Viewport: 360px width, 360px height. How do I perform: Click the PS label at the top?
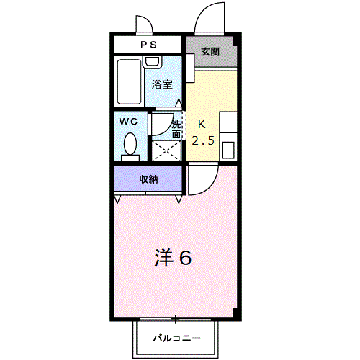tap(148, 45)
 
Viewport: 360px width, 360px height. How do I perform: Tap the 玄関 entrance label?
tap(210, 52)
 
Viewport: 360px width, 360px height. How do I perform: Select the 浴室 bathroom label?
tap(162, 84)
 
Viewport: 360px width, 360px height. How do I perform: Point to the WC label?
tap(128, 122)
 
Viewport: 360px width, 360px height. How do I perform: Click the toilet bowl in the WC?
tap(130, 144)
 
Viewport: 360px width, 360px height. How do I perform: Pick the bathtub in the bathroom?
tap(129, 81)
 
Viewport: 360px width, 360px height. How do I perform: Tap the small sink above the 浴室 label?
tap(152, 62)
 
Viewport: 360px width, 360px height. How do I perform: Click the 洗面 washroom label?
tap(176, 130)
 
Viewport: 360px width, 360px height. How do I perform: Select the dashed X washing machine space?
tap(166, 151)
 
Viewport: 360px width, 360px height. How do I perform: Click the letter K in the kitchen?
tap(202, 125)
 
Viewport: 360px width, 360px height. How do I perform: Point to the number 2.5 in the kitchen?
tap(203, 140)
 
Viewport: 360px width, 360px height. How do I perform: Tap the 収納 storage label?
tap(148, 179)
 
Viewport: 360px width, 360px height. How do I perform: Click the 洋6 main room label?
tap(173, 258)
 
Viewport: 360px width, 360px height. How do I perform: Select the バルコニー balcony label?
tap(176, 338)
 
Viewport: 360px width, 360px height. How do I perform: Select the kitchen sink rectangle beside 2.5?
tap(228, 150)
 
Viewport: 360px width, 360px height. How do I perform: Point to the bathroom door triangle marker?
tap(179, 103)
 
